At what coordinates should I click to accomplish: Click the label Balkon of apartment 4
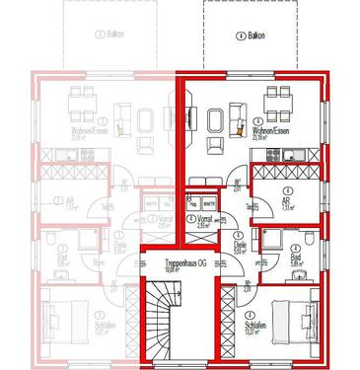click(x=257, y=36)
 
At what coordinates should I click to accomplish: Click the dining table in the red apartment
click(x=279, y=101)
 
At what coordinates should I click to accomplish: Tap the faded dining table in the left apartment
click(x=81, y=102)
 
